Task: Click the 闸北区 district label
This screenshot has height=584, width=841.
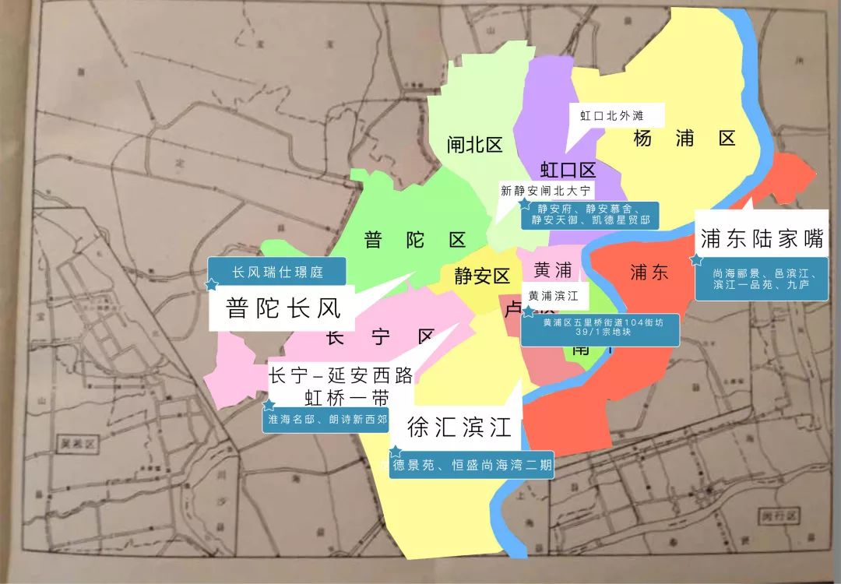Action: [x=474, y=144]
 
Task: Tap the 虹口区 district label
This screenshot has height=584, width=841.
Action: [x=568, y=171]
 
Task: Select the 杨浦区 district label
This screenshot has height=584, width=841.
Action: [x=684, y=139]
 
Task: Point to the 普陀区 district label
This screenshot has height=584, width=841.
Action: [x=415, y=240]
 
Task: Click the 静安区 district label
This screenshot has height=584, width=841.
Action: [x=476, y=275]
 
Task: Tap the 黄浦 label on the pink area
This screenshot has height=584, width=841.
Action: [x=553, y=270]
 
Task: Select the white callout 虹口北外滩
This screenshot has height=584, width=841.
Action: [x=611, y=116]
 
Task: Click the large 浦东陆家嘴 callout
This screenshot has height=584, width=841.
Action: [x=761, y=239]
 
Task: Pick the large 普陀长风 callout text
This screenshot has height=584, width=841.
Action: [x=283, y=309]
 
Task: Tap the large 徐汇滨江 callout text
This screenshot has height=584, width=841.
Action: [x=459, y=427]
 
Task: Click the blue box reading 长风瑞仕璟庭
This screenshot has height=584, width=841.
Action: [x=277, y=273]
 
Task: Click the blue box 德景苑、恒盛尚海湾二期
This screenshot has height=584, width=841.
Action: [x=472, y=465]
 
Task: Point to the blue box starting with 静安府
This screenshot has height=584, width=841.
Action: [x=590, y=215]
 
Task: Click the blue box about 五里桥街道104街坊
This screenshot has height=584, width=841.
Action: [x=600, y=328]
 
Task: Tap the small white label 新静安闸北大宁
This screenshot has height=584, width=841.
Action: [x=547, y=191]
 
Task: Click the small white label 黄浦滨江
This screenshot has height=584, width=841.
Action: [x=554, y=296]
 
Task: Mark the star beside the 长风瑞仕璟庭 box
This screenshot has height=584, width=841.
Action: [x=210, y=285]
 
